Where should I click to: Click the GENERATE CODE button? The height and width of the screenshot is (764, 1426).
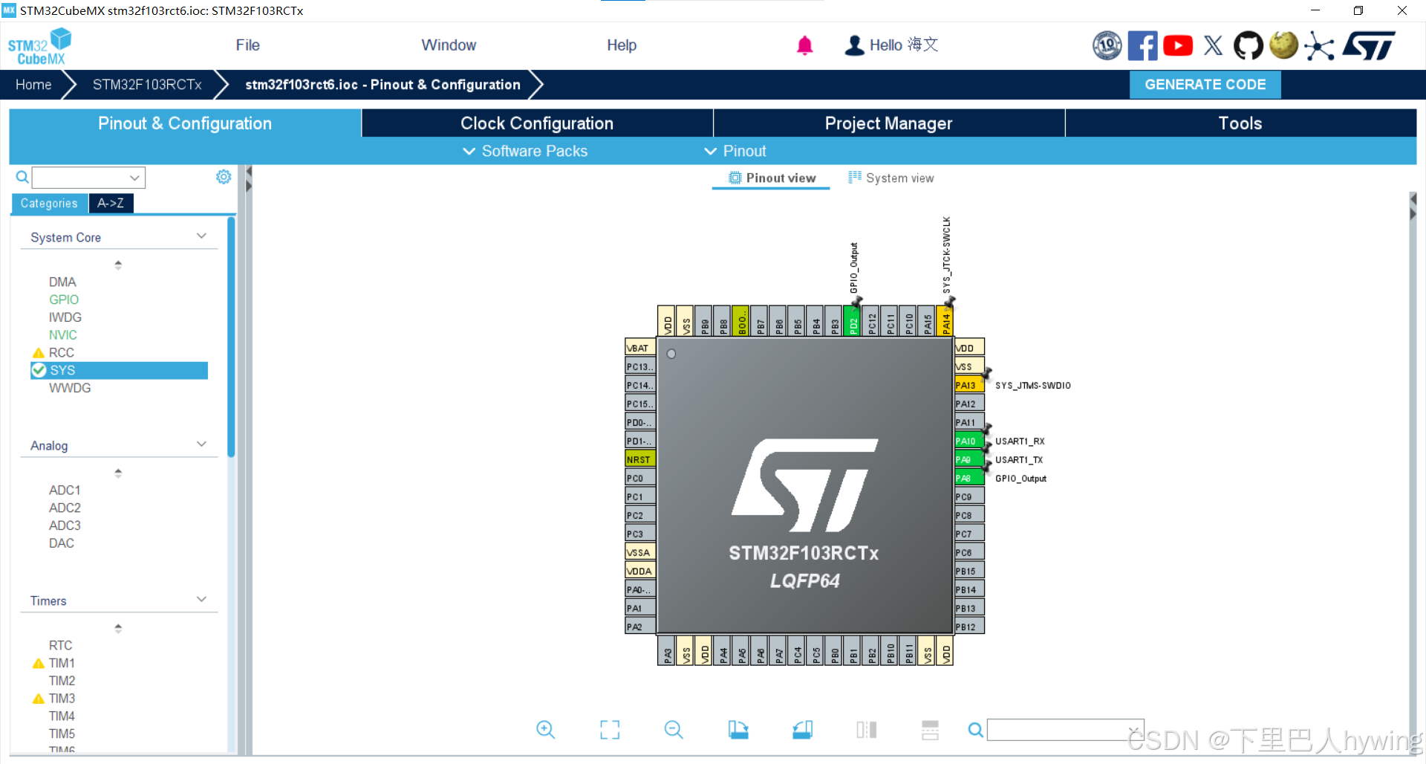pyautogui.click(x=1205, y=85)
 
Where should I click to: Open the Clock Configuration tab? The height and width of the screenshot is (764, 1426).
pyautogui.click(x=536, y=123)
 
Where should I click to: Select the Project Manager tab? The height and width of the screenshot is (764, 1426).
pyautogui.click(x=888, y=123)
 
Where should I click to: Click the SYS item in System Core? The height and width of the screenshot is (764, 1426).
pyautogui.click(x=62, y=370)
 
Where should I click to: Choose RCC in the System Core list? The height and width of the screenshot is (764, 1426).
pyautogui.click(x=61, y=352)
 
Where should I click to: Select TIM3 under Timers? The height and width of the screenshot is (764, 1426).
pyautogui.click(x=62, y=699)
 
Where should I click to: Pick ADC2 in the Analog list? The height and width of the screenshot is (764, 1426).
pyautogui.click(x=65, y=508)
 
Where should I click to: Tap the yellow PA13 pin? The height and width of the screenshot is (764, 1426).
pyautogui.click(x=968, y=385)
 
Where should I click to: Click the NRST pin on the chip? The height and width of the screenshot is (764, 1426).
pyautogui.click(x=639, y=459)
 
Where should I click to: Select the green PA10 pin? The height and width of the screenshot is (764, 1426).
pyautogui.click(x=968, y=441)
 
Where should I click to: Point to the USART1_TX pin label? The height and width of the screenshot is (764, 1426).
pyautogui.click(x=1019, y=460)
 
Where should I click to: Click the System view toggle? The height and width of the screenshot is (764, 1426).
pyautogui.click(x=891, y=178)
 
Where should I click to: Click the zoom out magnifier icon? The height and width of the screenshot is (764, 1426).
pyautogui.click(x=674, y=730)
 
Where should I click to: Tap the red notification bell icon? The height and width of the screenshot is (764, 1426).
pyautogui.click(x=804, y=45)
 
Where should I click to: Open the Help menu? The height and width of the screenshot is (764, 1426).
pyautogui.click(x=622, y=45)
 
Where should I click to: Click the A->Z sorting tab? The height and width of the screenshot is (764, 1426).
pyautogui.click(x=111, y=203)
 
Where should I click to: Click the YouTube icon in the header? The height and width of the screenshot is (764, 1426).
pyautogui.click(x=1178, y=45)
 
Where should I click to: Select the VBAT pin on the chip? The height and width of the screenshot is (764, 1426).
pyautogui.click(x=639, y=348)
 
